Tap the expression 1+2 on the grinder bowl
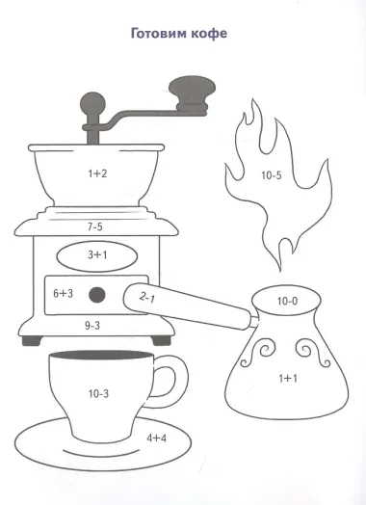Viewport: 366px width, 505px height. [97, 173]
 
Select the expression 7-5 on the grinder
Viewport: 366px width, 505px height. [95, 227]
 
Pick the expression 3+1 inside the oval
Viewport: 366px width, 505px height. [97, 255]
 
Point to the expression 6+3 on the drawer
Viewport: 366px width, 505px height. [64, 293]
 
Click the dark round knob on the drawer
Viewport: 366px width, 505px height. [97, 295]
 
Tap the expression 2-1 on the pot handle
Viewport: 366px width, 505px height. [147, 298]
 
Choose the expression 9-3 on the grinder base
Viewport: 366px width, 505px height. [92, 326]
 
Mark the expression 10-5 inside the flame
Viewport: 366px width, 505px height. [272, 175]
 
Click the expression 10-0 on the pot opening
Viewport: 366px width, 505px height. [287, 301]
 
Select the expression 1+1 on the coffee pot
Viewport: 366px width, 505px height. [288, 378]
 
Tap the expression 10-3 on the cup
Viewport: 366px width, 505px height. [99, 393]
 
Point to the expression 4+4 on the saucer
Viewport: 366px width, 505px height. [157, 439]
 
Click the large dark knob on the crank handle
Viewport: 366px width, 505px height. [193, 94]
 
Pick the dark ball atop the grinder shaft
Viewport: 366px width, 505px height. [92, 104]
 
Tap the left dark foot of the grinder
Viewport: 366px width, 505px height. [32, 341]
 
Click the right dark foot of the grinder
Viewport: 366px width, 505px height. [161, 341]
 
